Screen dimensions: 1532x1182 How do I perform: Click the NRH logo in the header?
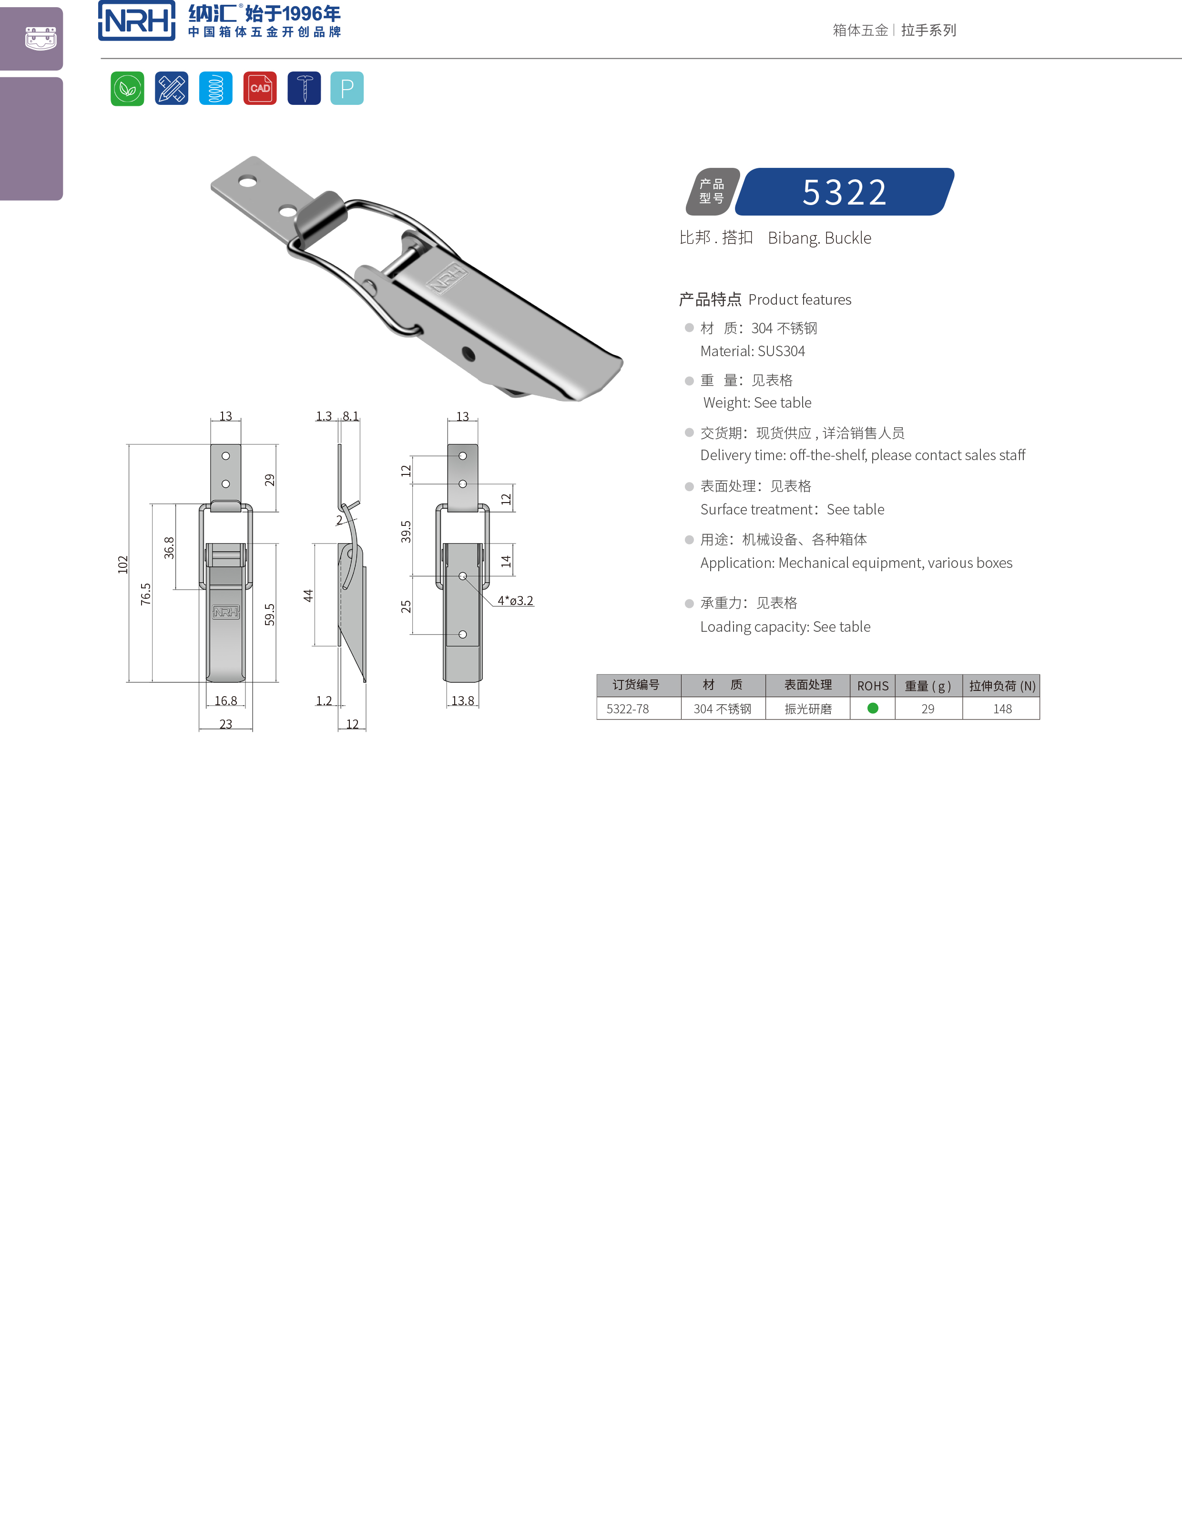tap(137, 21)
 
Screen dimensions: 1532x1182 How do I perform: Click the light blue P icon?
tap(347, 88)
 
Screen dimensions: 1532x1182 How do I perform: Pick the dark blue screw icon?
tap(304, 88)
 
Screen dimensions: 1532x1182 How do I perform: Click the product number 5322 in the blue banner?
tap(844, 192)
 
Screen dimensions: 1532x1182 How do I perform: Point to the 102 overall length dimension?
tap(123, 565)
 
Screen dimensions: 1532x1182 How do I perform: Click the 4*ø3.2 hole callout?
tap(515, 600)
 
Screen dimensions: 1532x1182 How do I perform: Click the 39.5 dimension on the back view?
tap(406, 532)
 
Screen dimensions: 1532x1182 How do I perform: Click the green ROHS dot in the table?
tap(873, 709)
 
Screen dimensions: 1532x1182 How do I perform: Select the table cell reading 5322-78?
tap(627, 709)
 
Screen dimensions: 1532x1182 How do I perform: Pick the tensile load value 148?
tap(1002, 709)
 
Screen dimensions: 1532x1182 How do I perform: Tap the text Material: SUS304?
tap(752, 351)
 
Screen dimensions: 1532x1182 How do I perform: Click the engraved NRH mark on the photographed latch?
tap(447, 278)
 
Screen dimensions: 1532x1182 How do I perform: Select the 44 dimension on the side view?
tap(308, 596)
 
